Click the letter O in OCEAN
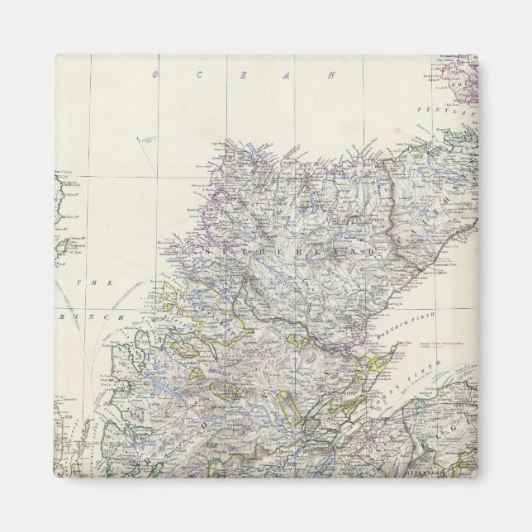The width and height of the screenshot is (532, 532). tap(154, 75)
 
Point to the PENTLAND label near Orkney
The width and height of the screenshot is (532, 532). tap(458, 110)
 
